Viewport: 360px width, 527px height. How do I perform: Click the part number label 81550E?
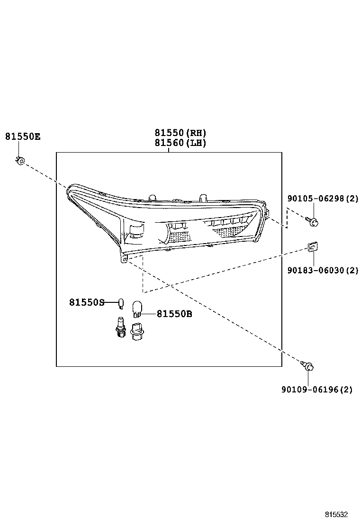23,137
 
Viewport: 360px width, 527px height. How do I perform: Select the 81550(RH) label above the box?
180,133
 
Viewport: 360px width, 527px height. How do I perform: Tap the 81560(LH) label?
180,143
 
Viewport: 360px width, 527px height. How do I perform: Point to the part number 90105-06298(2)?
323,200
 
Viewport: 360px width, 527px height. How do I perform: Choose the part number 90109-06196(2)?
317,390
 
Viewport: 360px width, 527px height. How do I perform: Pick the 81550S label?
87,302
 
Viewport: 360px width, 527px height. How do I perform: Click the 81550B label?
174,314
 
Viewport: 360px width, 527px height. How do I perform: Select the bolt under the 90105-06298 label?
312,220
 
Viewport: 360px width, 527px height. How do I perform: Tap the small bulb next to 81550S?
121,302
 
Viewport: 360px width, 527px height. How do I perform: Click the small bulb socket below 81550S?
120,327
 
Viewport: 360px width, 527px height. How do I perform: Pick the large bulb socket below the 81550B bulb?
137,331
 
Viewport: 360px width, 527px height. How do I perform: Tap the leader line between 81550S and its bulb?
111,302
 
